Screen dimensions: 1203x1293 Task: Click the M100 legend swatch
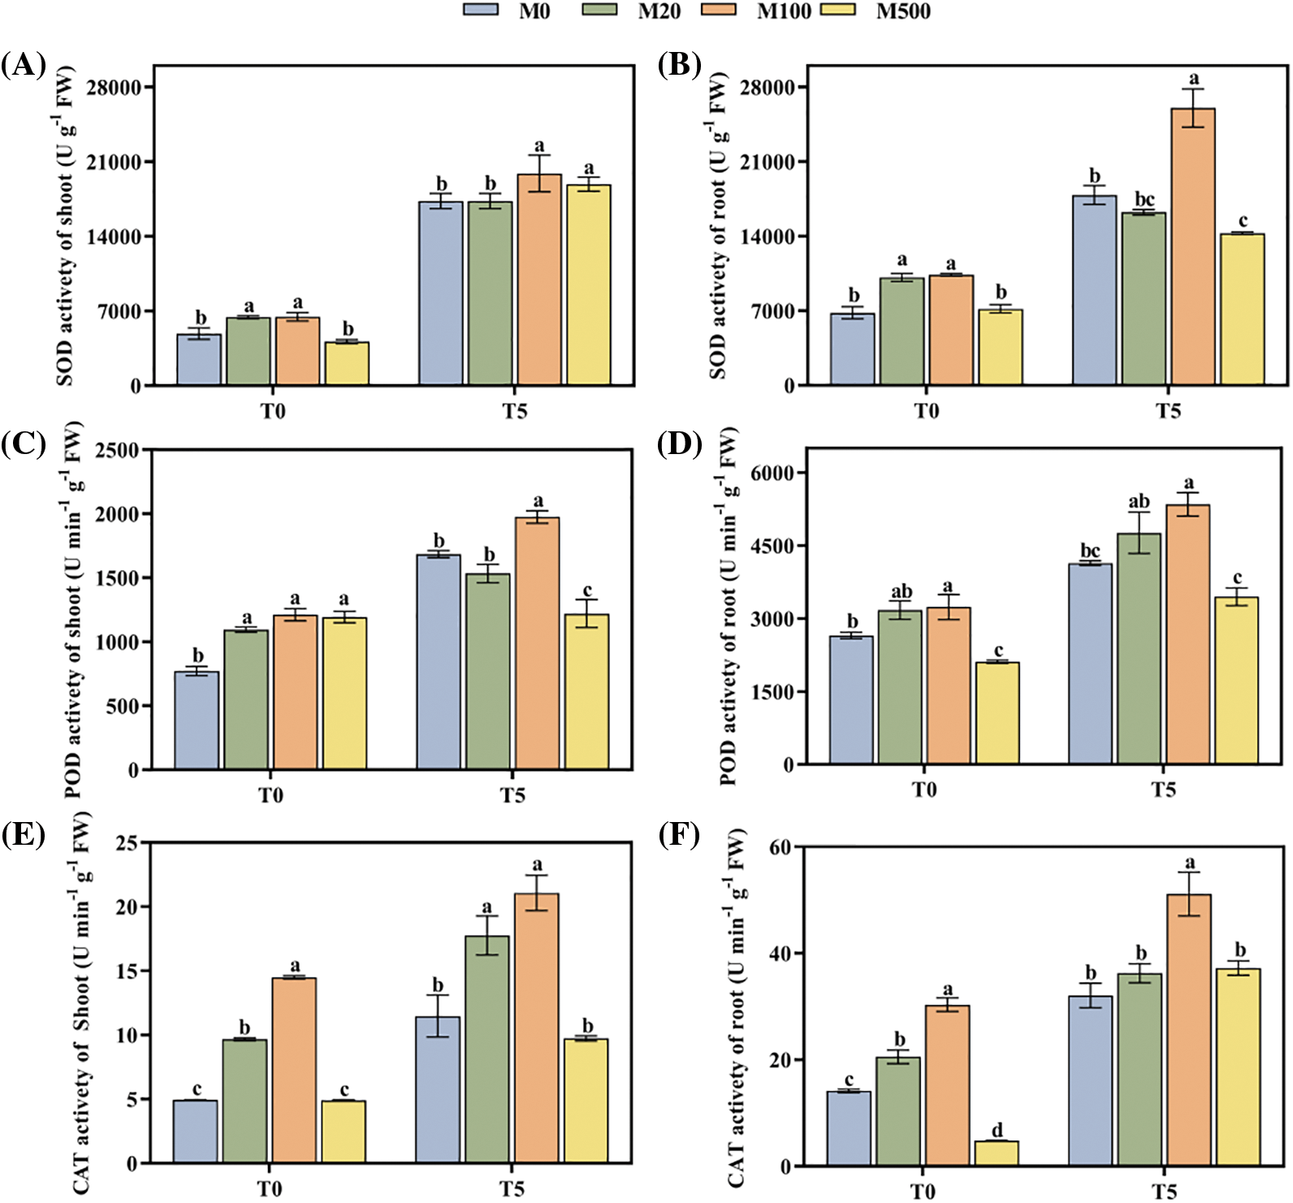pos(718,10)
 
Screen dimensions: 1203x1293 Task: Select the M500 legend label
pos(903,11)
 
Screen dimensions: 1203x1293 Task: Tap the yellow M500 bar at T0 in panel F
pos(996,1153)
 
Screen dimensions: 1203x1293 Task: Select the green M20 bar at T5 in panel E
pos(486,1049)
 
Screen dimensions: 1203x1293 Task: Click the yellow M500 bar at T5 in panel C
pos(586,691)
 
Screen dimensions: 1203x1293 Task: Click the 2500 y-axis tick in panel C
pos(117,450)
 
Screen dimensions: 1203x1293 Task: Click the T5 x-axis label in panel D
pos(1163,790)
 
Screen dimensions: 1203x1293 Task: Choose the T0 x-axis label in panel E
pos(270,1189)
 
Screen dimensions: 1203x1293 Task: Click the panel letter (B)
pos(679,64)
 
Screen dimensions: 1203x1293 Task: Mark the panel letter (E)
pos(23,834)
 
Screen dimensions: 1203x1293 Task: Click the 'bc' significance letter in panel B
pos(1144,200)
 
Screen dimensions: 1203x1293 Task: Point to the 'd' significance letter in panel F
pos(997,1129)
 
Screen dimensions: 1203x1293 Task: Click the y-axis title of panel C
pos(72,609)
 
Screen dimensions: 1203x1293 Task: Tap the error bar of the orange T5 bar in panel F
pos(1189,894)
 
